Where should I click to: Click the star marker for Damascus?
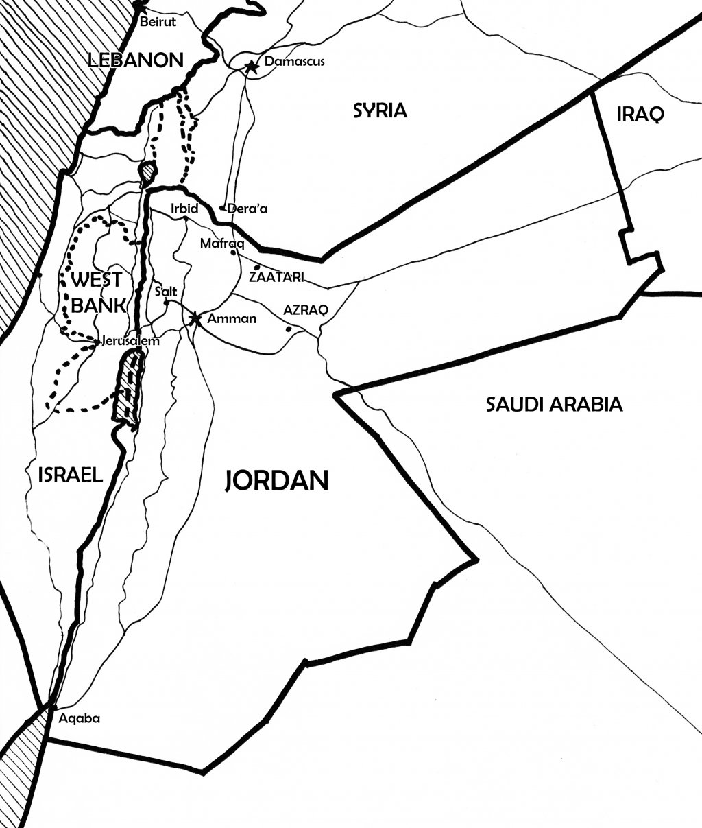click(252, 66)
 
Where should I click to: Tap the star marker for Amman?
click(195, 318)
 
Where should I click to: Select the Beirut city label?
click(158, 22)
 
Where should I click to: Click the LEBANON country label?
click(137, 60)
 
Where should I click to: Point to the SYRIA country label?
click(380, 110)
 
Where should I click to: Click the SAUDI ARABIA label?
click(554, 404)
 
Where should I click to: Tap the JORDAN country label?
click(277, 481)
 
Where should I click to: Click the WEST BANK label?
click(97, 292)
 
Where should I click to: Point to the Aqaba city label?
click(80, 719)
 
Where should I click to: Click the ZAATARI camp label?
click(276, 278)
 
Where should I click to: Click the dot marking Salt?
click(167, 302)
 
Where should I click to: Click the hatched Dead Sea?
click(128, 388)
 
